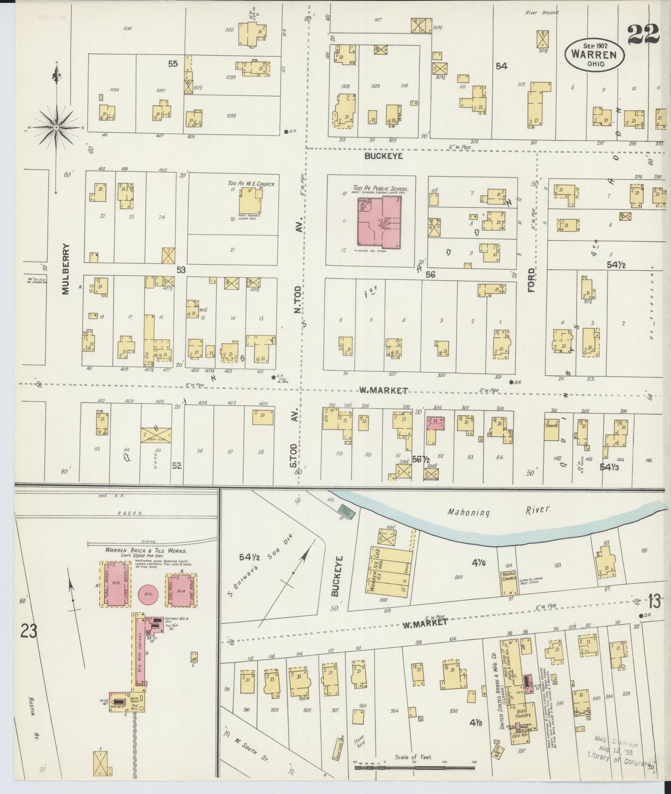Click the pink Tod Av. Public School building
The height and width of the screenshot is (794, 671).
click(x=378, y=222)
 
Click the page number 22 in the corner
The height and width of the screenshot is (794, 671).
click(x=644, y=35)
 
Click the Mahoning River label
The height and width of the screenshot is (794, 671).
click(x=498, y=511)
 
